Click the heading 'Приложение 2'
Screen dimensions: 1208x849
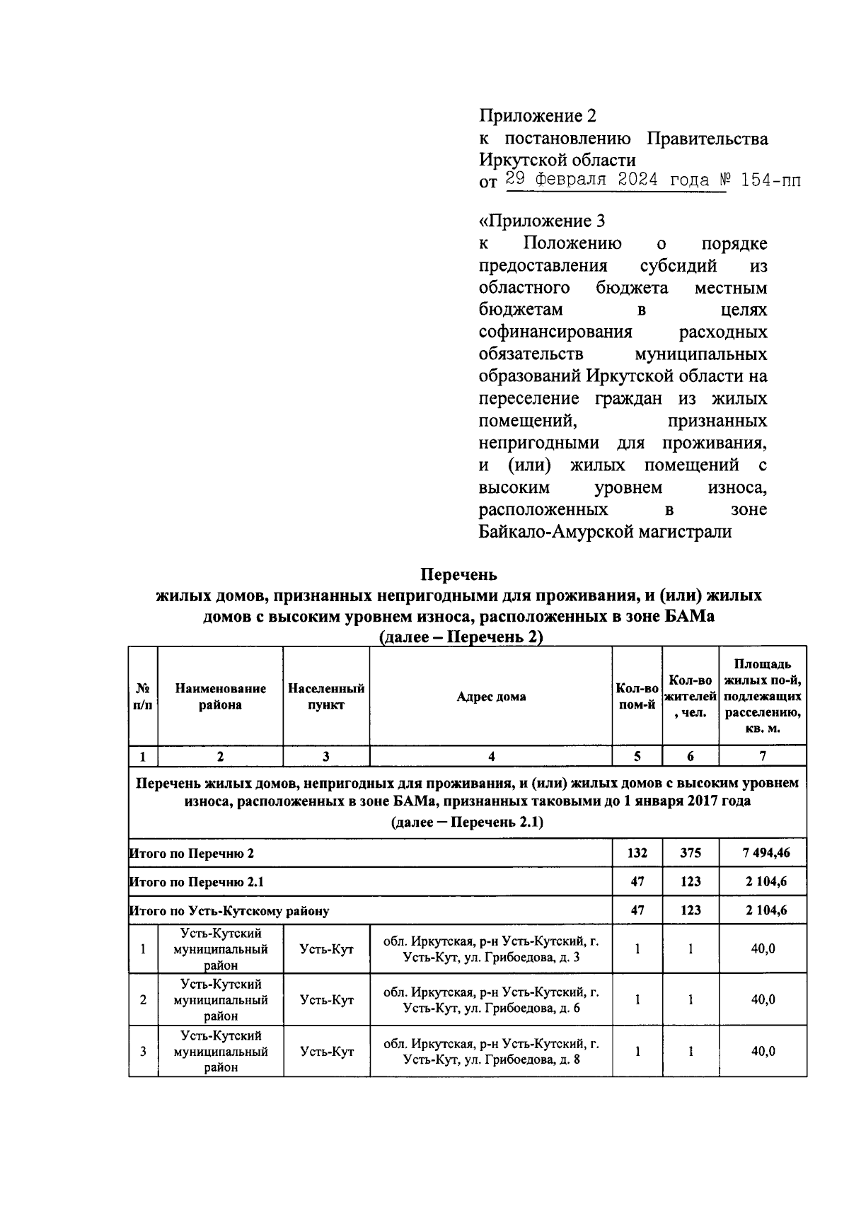538,115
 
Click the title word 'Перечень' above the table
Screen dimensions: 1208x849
459,574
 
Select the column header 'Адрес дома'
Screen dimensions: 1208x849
491,697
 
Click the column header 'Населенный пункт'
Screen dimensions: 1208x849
326,697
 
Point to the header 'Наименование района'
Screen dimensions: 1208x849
220,697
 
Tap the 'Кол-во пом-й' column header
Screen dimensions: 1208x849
637,697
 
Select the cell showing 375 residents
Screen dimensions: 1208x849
690,853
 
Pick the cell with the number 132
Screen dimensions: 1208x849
637,853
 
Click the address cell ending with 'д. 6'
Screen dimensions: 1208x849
491,1000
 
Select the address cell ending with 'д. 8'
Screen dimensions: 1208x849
491,1052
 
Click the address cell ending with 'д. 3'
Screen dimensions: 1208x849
491,949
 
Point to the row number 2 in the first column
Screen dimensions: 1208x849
143,1000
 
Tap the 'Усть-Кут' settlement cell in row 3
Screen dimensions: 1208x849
326,1052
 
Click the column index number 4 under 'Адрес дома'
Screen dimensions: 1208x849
491,756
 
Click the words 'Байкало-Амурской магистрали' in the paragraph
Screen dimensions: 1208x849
605,532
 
